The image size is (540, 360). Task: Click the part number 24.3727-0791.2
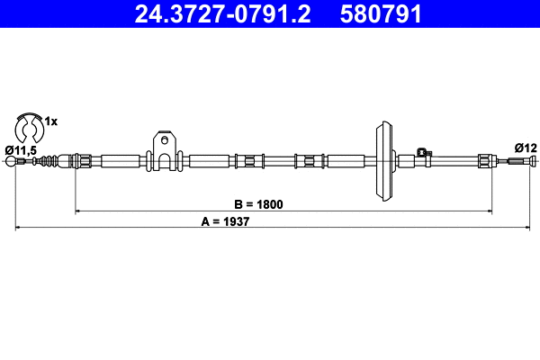coord(223,13)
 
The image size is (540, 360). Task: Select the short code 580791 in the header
coord(381,13)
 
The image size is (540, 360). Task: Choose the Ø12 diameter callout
coord(525,148)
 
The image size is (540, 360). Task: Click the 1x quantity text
coord(51,121)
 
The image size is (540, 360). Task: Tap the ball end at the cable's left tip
coord(11,162)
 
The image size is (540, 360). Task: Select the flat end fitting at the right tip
coord(521,162)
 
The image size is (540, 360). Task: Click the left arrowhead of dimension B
coord(77,211)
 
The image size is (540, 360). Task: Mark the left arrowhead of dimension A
coord(19,229)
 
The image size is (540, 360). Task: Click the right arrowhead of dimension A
coord(534,229)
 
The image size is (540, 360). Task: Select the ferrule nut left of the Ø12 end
coord(485,162)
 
